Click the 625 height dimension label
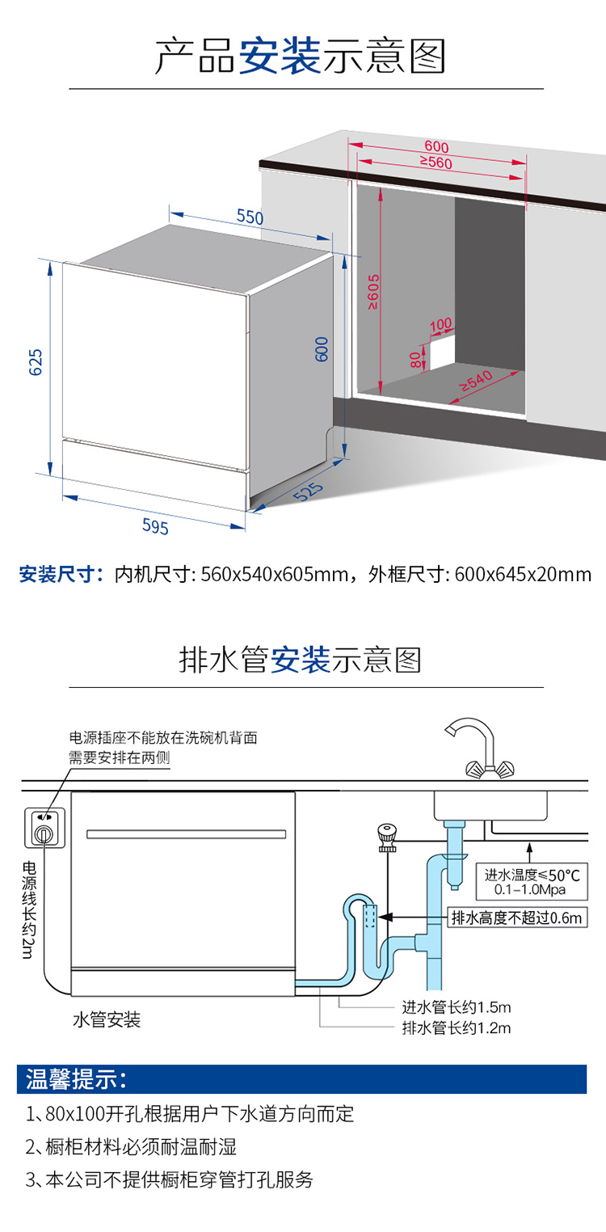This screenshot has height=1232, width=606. tap(36, 362)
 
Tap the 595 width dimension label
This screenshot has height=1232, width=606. tap(155, 526)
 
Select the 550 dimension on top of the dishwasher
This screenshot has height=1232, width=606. tap(250, 217)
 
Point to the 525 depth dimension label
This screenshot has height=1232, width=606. tap(309, 492)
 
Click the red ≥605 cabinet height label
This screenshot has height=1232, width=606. tap(372, 292)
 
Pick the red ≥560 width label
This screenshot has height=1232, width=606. tap(436, 162)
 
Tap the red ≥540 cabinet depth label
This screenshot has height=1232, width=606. tap(476, 381)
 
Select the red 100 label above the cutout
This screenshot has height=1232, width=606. tap(440, 325)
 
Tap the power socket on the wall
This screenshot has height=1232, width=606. tap(44, 827)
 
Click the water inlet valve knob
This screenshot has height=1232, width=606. tap(387, 837)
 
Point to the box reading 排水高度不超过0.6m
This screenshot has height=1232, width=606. tap(517, 918)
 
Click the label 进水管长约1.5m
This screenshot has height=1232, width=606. tap(457, 1007)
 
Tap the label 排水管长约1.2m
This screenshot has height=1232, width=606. tap(457, 1027)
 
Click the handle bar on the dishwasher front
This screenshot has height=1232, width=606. tap(187, 834)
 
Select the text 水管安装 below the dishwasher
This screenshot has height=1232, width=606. tap(107, 1019)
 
